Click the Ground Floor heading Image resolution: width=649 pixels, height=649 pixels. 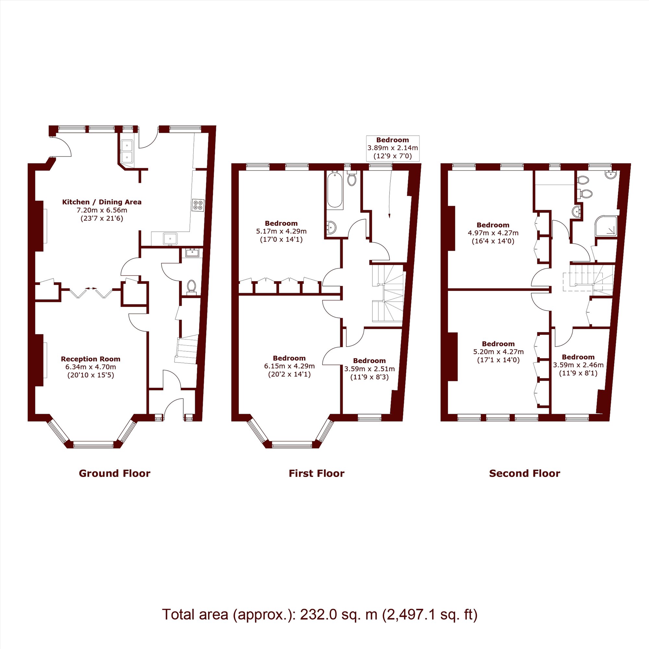pos(115,473)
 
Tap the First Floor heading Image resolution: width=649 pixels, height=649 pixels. pos(316,473)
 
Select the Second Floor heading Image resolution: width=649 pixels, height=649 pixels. pos(524,473)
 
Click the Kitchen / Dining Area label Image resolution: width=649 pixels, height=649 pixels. pos(102,202)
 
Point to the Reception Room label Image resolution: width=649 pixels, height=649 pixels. pos(91,359)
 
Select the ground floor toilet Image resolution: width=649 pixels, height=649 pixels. pos(191,287)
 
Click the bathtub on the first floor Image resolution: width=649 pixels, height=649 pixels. pos(335,190)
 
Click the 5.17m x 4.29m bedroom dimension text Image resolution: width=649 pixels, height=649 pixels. pos(281,231)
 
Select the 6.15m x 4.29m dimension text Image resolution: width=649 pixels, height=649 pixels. pos(289,366)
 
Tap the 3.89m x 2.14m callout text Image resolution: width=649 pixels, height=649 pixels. pos(393,148)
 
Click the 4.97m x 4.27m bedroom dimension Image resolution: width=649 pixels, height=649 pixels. pos(493,233)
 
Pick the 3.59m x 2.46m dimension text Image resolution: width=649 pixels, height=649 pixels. pos(578,365)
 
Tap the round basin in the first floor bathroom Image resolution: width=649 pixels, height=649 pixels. pos(331,227)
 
